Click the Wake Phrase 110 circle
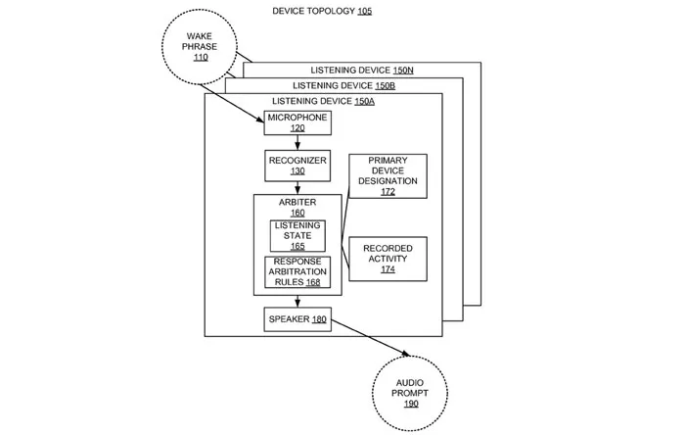[200, 46]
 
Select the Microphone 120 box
[297, 122]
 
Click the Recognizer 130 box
[297, 165]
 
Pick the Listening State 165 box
[297, 235]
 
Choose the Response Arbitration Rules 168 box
[297, 271]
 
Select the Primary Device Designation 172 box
[388, 175]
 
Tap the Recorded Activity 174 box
[388, 259]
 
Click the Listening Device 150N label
[362, 71]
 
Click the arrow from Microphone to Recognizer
[297, 142]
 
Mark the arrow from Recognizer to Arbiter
[297, 186]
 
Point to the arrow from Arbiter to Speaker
[297, 301]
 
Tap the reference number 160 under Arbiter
[297, 213]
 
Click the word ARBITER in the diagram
[297, 202]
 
